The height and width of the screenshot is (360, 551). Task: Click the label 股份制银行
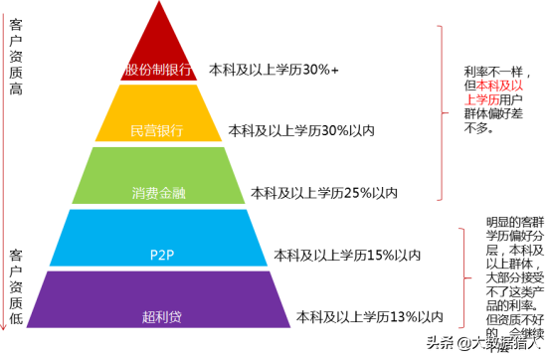[x=160, y=71]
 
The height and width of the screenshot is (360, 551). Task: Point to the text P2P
[x=160, y=254]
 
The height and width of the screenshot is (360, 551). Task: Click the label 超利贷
[x=160, y=318]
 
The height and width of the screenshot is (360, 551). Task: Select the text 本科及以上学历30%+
[x=274, y=71]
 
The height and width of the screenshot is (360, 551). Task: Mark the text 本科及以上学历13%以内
[x=369, y=317]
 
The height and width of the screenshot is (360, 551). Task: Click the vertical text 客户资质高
[x=15, y=60]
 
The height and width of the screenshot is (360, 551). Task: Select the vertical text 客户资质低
[x=15, y=287]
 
